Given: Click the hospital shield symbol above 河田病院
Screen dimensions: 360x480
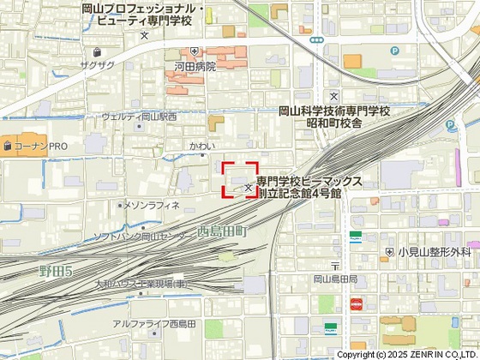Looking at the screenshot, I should pos(195,50).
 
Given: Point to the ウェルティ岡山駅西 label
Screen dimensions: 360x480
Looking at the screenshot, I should pos(139,117).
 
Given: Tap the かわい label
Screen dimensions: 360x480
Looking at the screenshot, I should pos(201,146).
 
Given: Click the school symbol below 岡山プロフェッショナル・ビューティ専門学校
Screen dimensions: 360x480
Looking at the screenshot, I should pos(144,35).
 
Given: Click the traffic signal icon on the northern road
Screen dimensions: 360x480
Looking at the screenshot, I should pos(317,39).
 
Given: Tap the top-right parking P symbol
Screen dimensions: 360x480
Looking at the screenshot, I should pos(394,51).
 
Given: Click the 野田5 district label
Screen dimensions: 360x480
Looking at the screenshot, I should pos(56,271).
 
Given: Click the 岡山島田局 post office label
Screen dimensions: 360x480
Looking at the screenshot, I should pos(335,279).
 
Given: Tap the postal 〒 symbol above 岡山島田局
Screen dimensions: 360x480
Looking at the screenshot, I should pos(335,265).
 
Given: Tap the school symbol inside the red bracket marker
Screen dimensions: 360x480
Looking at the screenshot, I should pos(249,186).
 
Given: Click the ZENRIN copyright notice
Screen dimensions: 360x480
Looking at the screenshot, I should pos(407,354).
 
